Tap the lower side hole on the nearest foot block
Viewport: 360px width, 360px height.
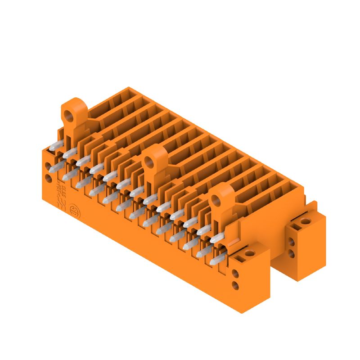point(235,285)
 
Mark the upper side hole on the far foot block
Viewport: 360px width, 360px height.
point(292,243)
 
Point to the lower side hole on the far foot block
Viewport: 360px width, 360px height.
point(292,254)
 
